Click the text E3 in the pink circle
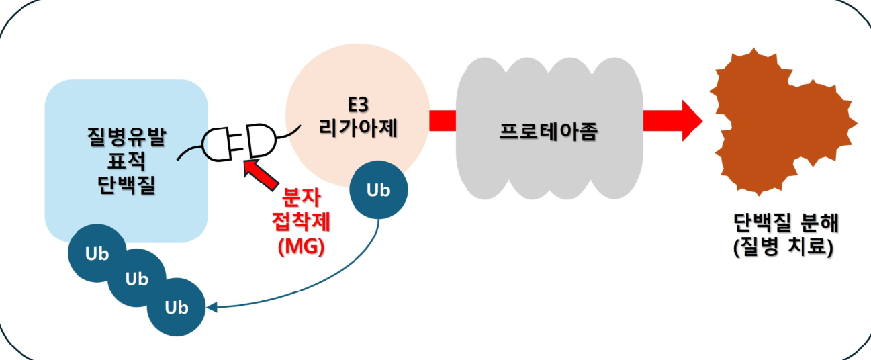(x=358, y=104)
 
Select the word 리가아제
(x=358, y=128)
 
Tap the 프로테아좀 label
(x=548, y=132)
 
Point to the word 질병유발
(x=126, y=137)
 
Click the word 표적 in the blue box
(x=126, y=161)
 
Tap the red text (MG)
(x=302, y=246)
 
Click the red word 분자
(x=302, y=197)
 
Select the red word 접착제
(x=302, y=222)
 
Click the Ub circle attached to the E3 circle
(x=379, y=189)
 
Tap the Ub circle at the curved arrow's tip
(x=176, y=307)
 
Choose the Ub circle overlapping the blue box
(x=97, y=253)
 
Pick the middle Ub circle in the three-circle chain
(x=136, y=278)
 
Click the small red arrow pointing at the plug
(x=261, y=175)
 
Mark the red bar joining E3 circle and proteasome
(x=443, y=120)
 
